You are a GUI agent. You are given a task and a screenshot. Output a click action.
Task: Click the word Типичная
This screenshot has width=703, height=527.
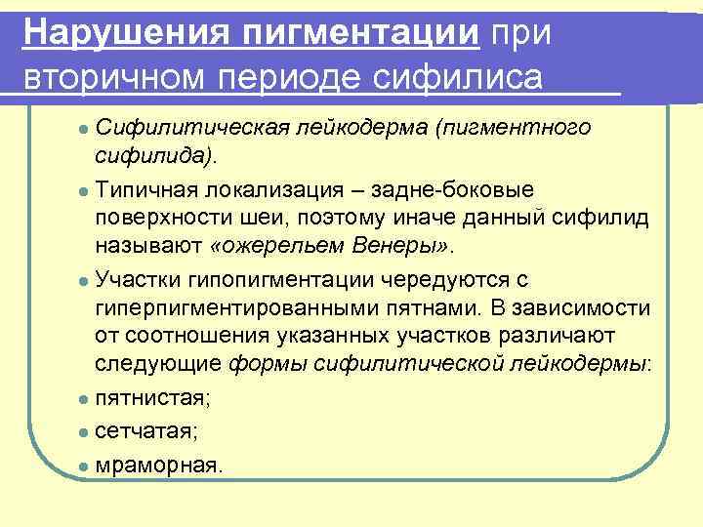143,187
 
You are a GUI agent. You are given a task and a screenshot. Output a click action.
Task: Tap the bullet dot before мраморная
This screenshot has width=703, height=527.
85,465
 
